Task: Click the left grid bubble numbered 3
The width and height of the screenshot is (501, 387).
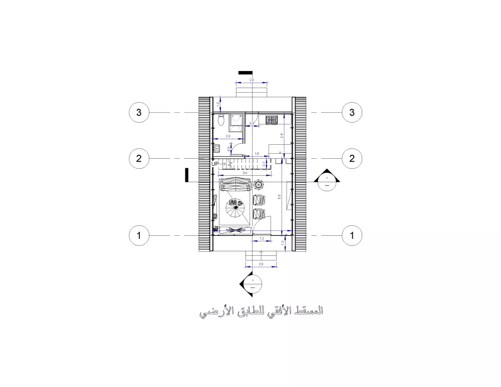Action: (x=139, y=113)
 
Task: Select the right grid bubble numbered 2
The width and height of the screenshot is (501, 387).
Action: (x=352, y=159)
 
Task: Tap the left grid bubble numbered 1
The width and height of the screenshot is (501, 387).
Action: (x=139, y=235)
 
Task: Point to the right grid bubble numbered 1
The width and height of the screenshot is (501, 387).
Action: (x=352, y=235)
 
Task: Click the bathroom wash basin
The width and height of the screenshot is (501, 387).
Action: (x=217, y=148)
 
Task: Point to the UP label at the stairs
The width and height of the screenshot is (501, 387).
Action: (x=215, y=164)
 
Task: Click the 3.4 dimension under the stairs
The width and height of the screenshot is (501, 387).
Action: (x=245, y=173)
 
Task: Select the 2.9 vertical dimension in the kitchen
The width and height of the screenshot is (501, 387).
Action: (x=282, y=136)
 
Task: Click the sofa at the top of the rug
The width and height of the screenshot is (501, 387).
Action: (x=235, y=184)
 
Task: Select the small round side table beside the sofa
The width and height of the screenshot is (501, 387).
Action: (x=259, y=184)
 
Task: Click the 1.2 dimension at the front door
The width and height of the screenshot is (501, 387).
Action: (x=262, y=239)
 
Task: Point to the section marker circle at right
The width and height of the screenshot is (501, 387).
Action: (x=327, y=181)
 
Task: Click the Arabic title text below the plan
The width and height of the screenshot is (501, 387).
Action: (x=261, y=312)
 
